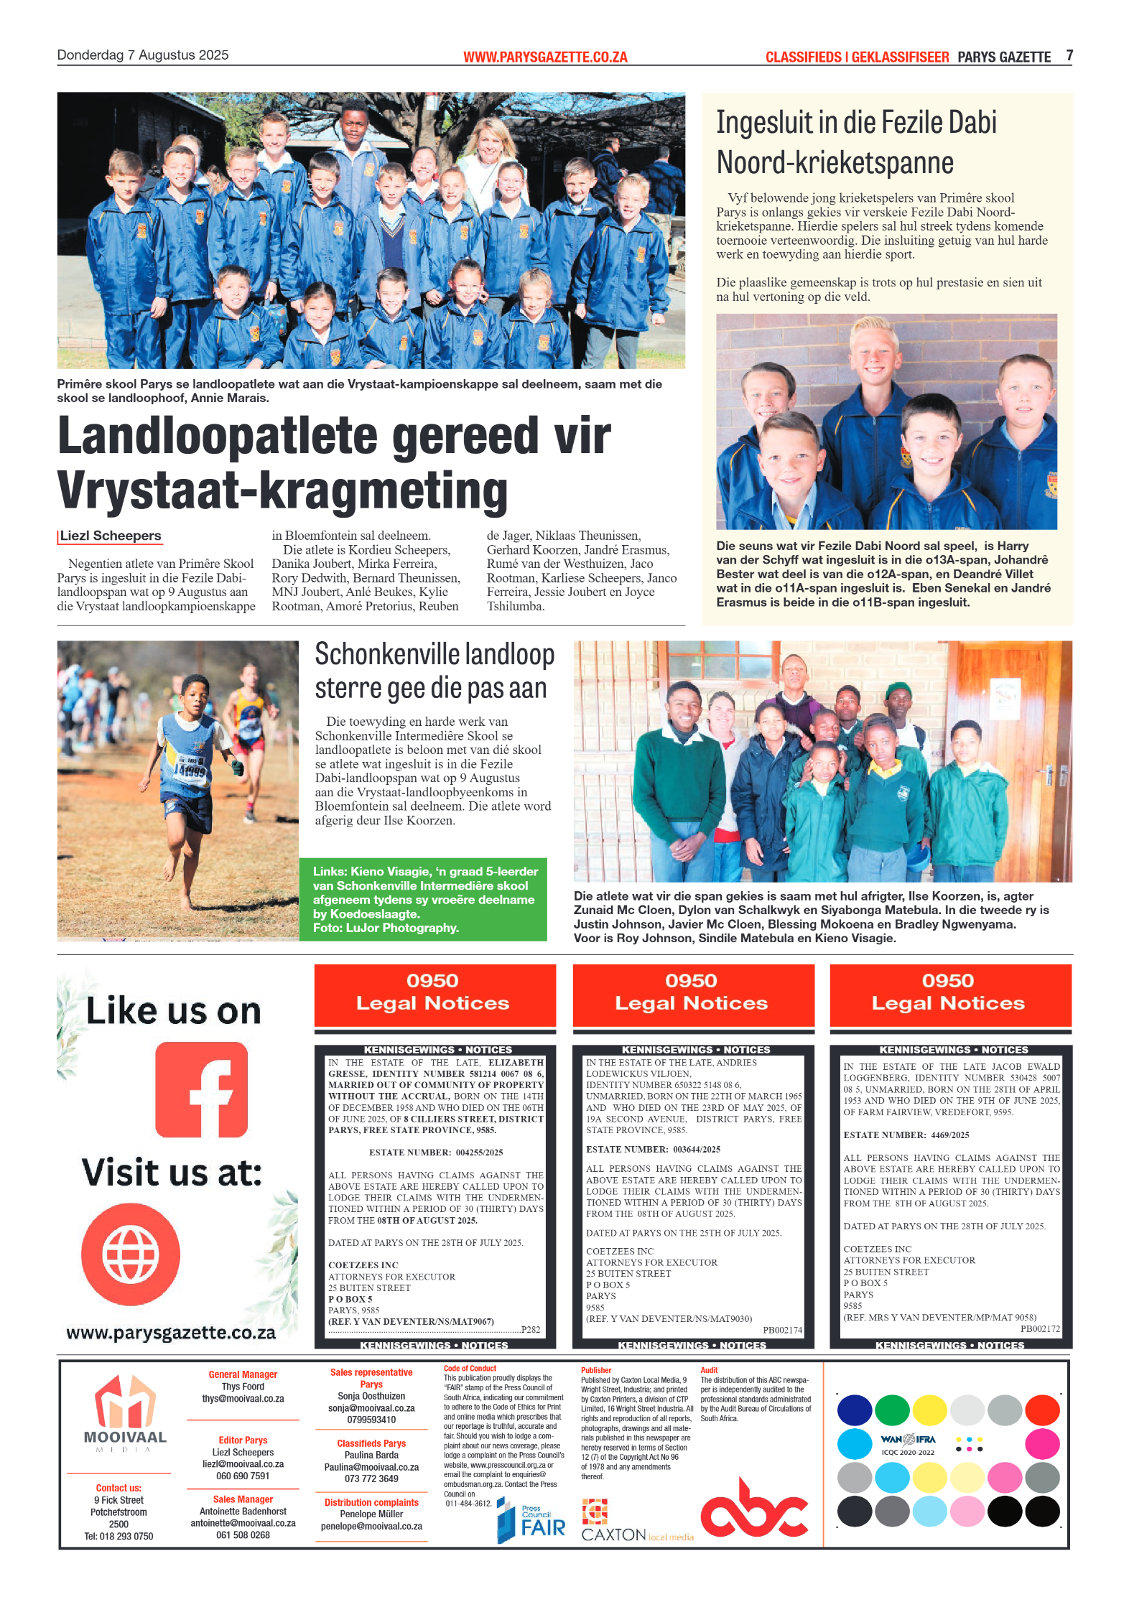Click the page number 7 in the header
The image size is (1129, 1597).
1069,55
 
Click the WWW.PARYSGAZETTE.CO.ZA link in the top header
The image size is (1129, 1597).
545,57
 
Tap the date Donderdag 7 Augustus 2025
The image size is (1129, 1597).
142,55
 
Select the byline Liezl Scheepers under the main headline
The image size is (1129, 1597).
111,536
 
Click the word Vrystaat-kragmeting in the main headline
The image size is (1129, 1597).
282,491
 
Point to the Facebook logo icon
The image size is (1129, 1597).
201,1089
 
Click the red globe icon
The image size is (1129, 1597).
131,1254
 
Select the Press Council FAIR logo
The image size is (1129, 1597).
531,1521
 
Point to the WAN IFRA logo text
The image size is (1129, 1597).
908,1440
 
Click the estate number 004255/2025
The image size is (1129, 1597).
479,1153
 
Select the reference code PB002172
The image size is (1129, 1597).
1039,1329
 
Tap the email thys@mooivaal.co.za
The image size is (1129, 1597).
243,1399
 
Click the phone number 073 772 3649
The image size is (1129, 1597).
371,1479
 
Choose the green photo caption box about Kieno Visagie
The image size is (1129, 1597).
423,899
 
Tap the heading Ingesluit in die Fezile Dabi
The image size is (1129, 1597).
856,123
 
